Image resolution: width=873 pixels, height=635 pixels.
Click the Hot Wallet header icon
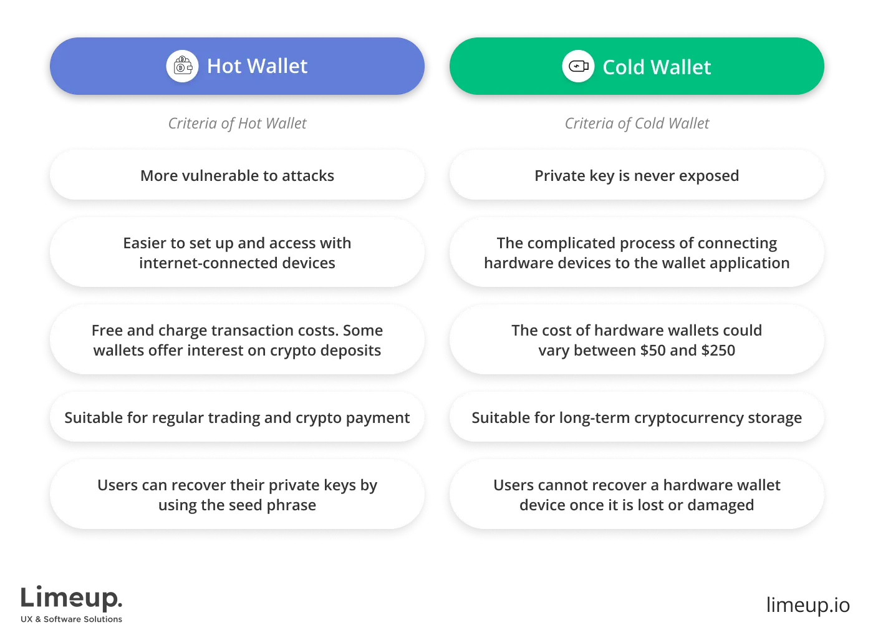(182, 66)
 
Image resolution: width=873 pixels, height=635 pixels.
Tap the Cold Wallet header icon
(578, 66)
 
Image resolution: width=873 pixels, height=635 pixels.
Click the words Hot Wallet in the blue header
(257, 66)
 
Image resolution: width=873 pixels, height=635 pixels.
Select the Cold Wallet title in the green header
(656, 67)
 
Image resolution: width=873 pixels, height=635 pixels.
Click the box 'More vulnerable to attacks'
(237, 175)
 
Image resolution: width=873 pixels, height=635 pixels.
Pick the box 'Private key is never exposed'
(637, 175)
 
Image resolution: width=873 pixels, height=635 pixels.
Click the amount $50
(653, 351)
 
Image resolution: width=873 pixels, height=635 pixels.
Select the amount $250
(718, 351)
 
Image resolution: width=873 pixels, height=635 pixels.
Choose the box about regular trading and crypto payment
(237, 417)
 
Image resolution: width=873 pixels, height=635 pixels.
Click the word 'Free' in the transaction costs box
(107, 330)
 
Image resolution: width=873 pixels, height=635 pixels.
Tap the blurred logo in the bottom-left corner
(72, 603)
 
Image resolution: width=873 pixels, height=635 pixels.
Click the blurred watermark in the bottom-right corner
(808, 604)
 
